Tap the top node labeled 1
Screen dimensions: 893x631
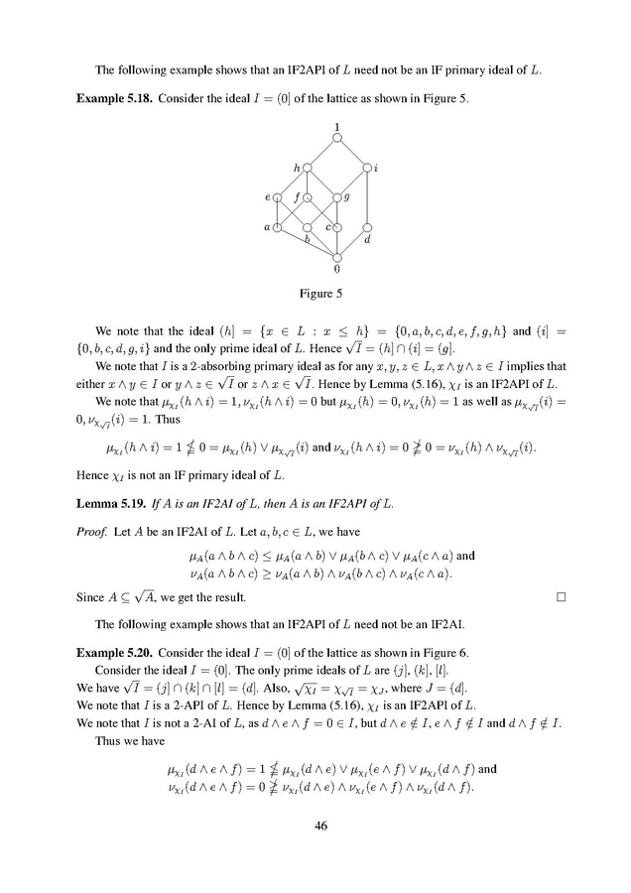(338, 138)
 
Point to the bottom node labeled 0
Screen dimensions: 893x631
(338, 257)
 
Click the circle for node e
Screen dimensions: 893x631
(278, 197)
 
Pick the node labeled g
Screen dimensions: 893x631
(337, 197)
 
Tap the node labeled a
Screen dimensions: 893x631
(278, 228)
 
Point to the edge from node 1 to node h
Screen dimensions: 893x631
(323, 153)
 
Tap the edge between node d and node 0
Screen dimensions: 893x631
(353, 243)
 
